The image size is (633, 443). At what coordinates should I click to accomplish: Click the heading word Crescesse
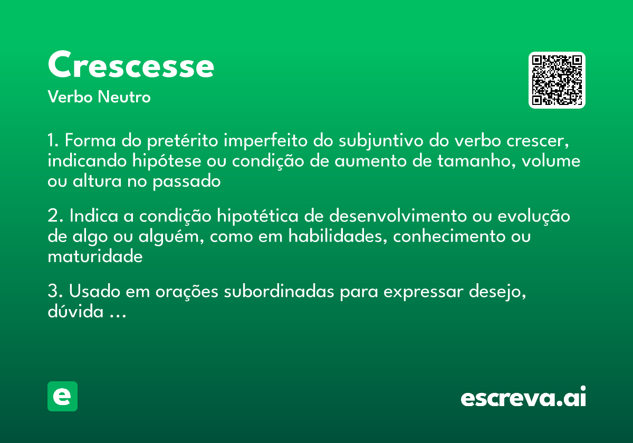click(x=131, y=65)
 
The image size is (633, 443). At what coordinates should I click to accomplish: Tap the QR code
click(x=557, y=80)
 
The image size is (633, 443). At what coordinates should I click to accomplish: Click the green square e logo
click(x=62, y=396)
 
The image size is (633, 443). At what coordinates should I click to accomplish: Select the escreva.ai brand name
click(x=523, y=398)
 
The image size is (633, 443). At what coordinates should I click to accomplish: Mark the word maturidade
click(x=95, y=256)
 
